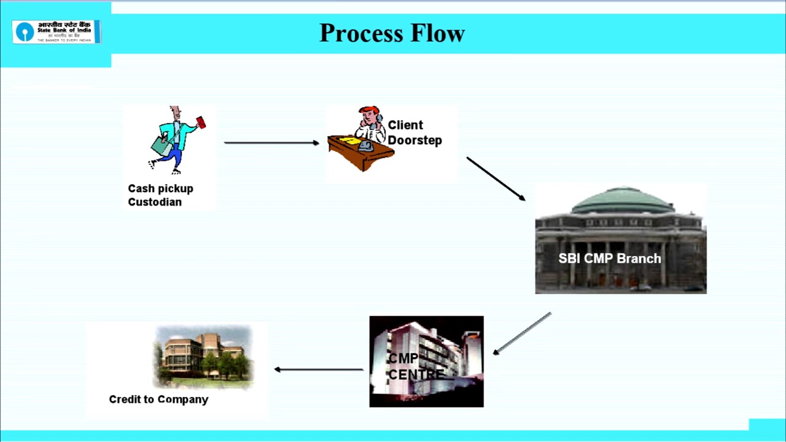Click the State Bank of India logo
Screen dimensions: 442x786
tap(56, 32)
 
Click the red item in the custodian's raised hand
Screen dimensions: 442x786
tap(201, 122)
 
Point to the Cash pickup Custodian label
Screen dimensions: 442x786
tap(160, 195)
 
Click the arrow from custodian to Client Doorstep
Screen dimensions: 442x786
tap(271, 143)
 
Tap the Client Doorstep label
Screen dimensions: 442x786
tap(414, 133)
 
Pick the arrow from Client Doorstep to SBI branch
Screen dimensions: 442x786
tap(496, 179)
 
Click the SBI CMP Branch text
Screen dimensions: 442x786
tap(609, 258)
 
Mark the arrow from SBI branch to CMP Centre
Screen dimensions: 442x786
tap(522, 333)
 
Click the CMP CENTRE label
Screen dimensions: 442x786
tap(414, 366)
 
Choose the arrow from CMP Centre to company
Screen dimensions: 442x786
tap(319, 370)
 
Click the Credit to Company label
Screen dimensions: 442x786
tap(158, 400)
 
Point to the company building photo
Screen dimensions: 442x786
tap(203, 355)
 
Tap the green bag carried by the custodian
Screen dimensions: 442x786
tap(161, 146)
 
